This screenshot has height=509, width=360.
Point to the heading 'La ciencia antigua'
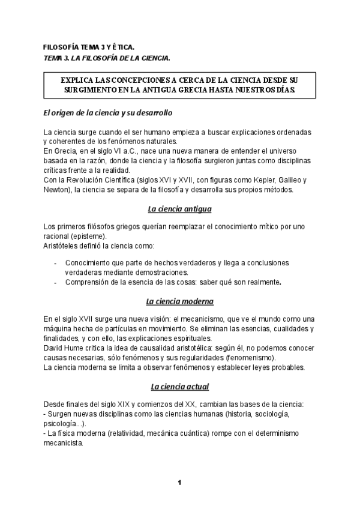tap(179, 209)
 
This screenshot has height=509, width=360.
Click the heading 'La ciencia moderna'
tap(179, 301)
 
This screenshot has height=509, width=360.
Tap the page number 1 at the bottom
tap(179, 482)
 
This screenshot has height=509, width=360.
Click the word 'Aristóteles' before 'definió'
tap(64, 245)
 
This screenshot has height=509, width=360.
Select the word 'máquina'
tap(58, 328)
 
